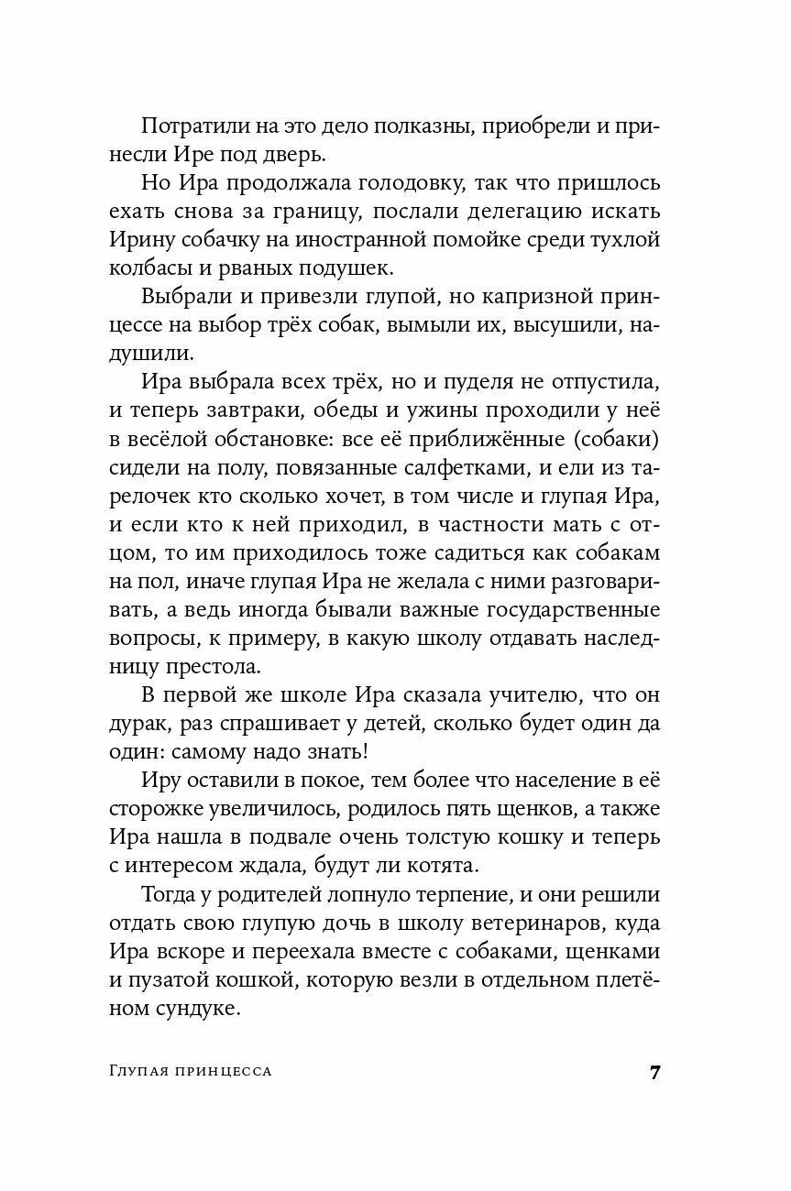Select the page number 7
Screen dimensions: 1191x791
coord(654,1074)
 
